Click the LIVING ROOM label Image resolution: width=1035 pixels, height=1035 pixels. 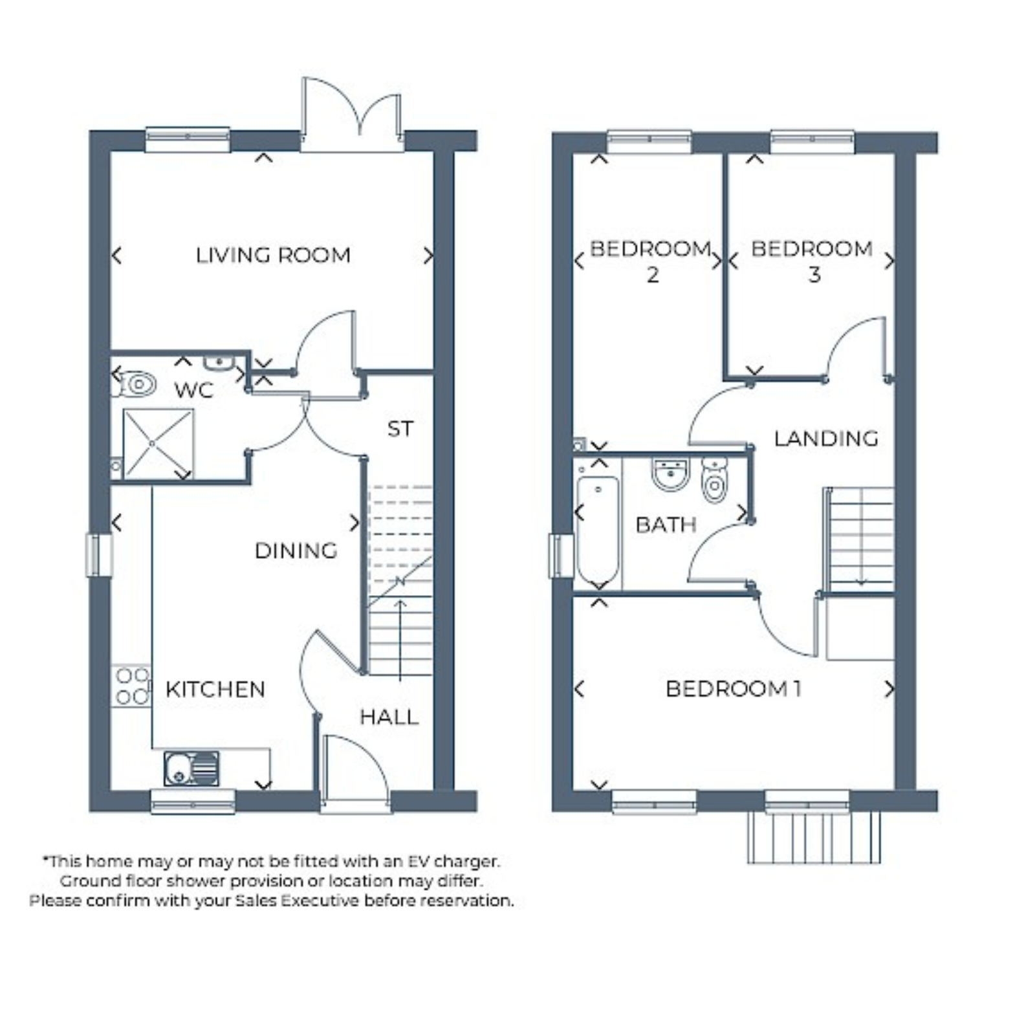point(273,255)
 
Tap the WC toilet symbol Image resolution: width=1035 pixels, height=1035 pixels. point(136,384)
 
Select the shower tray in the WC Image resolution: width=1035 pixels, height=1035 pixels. point(158,444)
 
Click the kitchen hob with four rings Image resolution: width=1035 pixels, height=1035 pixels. point(131,686)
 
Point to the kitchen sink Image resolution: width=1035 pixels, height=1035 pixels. point(191,768)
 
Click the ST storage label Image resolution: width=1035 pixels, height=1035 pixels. point(400,428)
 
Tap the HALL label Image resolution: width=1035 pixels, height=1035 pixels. point(389,717)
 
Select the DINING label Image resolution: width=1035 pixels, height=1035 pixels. point(296,550)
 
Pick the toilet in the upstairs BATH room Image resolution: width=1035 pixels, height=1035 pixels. point(714,479)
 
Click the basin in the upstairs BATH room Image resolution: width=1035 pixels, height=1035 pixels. point(671,474)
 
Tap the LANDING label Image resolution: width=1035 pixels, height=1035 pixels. point(826,439)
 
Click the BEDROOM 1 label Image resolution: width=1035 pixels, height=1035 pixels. point(734,689)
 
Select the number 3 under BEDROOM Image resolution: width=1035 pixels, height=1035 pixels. point(814,274)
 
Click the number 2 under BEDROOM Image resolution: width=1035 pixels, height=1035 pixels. point(653,274)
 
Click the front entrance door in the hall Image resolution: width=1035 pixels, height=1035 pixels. point(355,773)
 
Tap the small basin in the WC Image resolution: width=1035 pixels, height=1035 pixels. point(219,362)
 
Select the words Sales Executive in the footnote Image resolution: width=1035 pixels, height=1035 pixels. point(297,900)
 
